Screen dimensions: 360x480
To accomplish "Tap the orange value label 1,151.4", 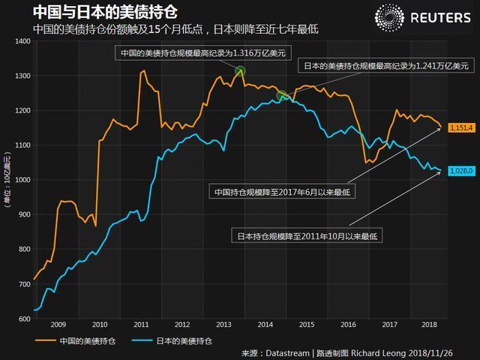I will (461, 128).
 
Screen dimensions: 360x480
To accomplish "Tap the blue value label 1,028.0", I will (461, 171).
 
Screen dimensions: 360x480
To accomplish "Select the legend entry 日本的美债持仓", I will (178, 340).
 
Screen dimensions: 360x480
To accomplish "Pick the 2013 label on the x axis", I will (223, 325).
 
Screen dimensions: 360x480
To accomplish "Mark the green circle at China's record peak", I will (240, 71).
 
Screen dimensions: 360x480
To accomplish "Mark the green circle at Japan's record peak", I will (282, 96).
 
